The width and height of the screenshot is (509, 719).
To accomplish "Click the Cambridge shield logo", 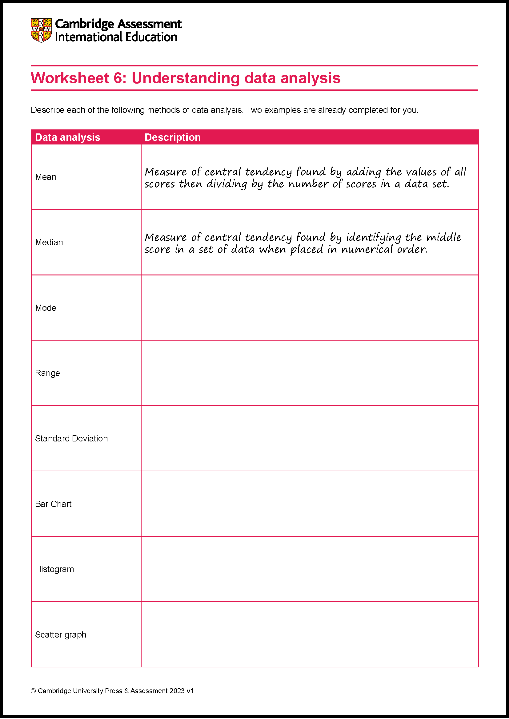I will point(41,30).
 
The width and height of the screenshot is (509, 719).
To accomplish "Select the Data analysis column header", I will point(67,137).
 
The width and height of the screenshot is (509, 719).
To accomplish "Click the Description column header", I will point(172,137).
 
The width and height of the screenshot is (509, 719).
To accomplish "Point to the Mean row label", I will point(46,177).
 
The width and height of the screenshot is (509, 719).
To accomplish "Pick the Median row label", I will point(49,242).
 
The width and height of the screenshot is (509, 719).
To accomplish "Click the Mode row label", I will point(46,308).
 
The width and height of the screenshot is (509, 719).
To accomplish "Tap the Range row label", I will point(47,373).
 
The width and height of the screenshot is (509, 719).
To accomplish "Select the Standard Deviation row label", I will point(71,438).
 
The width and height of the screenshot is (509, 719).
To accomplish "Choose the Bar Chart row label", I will point(53,504).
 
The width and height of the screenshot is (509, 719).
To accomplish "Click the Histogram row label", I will point(54,569).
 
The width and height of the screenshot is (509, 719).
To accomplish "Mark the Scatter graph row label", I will point(61,634).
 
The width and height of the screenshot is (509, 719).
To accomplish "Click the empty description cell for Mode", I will point(310,308).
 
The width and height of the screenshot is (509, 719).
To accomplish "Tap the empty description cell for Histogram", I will point(310,569).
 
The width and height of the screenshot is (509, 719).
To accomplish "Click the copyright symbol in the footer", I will point(33,691).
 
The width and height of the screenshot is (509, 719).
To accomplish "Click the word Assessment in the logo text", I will point(150,24).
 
